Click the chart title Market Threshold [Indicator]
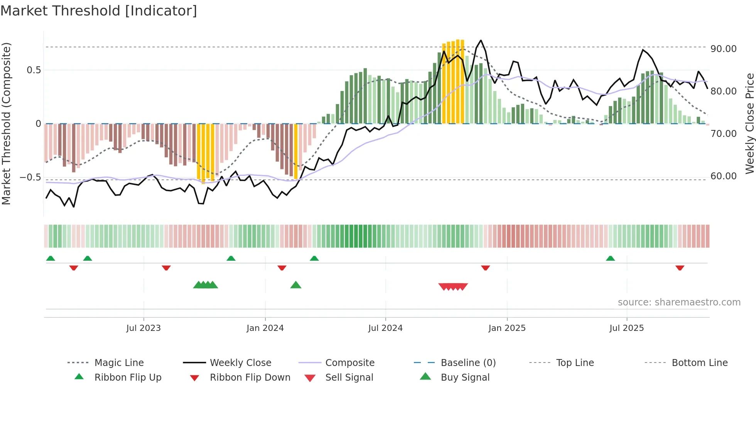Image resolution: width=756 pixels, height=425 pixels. (99, 11)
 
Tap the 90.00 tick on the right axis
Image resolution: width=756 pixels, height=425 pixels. (723, 49)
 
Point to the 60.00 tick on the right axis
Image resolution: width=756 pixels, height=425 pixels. (723, 176)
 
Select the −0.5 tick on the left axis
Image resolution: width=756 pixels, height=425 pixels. (30, 177)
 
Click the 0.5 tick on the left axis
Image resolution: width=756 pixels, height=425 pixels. (34, 70)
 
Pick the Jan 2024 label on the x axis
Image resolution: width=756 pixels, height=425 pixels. (265, 328)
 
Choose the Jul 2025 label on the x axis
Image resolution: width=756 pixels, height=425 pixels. (626, 328)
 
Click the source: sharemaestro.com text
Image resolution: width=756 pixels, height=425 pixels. (679, 302)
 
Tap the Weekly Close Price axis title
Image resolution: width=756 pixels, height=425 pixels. (749, 123)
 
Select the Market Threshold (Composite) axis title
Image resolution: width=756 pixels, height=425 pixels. (6, 123)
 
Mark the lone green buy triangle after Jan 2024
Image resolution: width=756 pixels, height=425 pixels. (296, 285)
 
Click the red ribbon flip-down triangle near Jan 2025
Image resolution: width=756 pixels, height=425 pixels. (486, 268)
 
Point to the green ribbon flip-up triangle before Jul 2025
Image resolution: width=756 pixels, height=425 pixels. (610, 258)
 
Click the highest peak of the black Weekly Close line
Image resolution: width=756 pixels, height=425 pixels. (481, 40)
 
